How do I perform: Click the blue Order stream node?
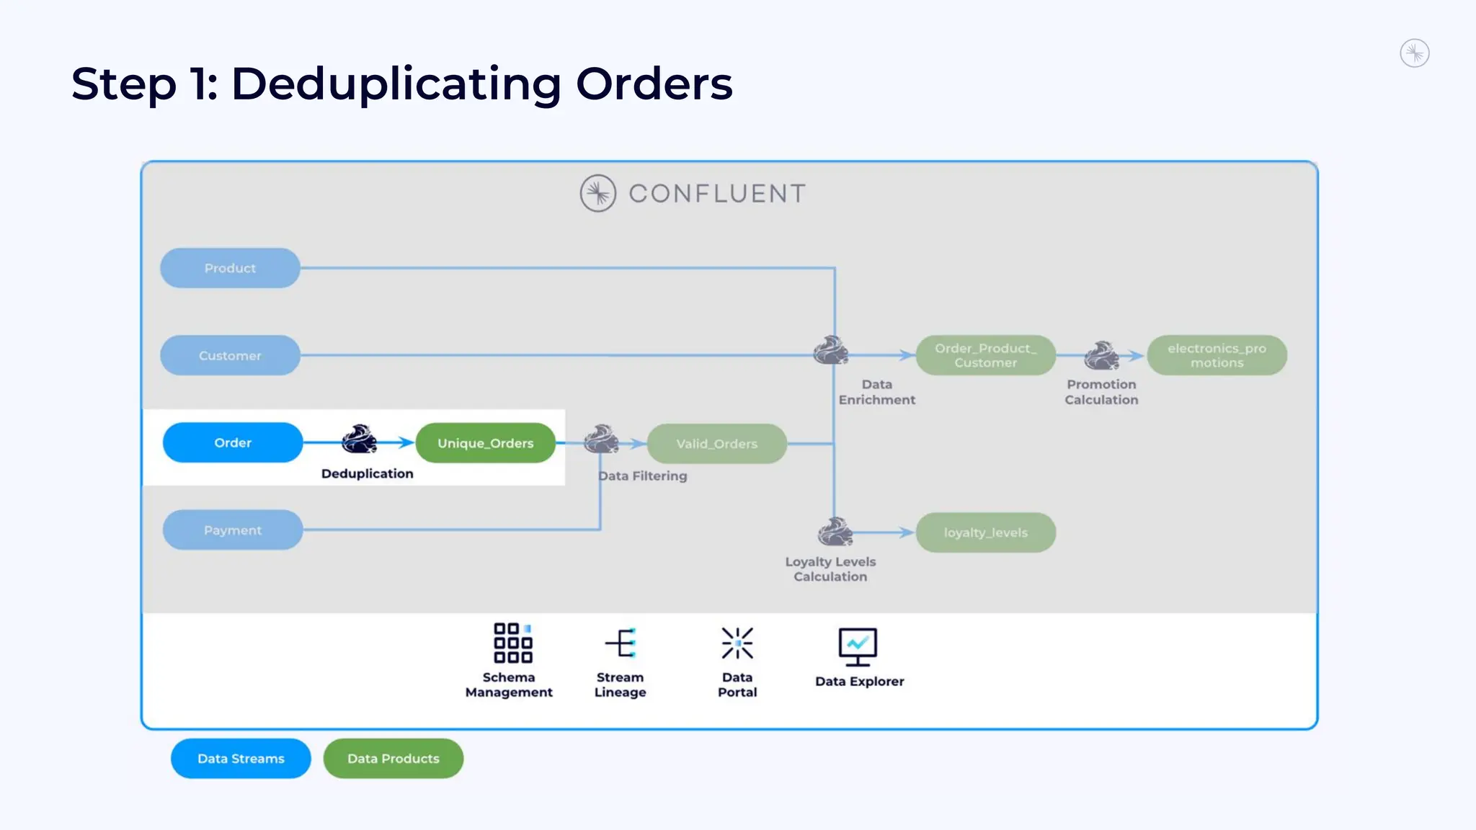point(233,442)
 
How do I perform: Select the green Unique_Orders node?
point(485,443)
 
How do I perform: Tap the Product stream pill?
point(230,268)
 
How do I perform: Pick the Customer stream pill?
point(230,355)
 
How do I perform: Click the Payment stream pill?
point(233,530)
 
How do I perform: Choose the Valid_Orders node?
point(716,444)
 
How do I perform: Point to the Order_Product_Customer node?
point(985,355)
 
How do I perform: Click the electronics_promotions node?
point(1217,355)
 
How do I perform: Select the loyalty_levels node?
point(985,532)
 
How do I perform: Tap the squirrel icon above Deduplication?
point(359,439)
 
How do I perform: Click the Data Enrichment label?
point(876,392)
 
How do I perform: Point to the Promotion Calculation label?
point(1101,392)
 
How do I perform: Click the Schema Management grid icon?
point(512,643)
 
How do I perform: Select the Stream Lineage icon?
point(621,643)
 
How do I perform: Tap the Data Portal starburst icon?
point(737,643)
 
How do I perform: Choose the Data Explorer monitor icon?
point(858,646)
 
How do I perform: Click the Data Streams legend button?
point(241,759)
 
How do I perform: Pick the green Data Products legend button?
point(393,759)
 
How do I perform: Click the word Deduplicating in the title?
point(396,84)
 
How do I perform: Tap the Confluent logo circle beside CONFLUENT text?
point(597,193)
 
